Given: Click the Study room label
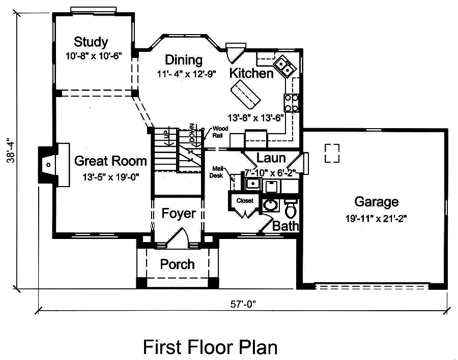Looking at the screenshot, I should point(91,41).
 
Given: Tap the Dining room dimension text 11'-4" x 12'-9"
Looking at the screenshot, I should point(186,73).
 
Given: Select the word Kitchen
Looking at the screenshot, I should point(251,73).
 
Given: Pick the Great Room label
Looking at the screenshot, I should point(110,161).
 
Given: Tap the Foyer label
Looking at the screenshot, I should point(179,214).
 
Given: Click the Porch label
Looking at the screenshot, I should point(177,264).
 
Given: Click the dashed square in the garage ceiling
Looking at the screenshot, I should point(332,153).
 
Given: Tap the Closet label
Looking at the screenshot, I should point(245,201).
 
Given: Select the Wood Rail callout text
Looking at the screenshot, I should point(220,131).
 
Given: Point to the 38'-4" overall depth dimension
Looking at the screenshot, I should point(10,151).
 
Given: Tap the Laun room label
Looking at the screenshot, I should point(271,158).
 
